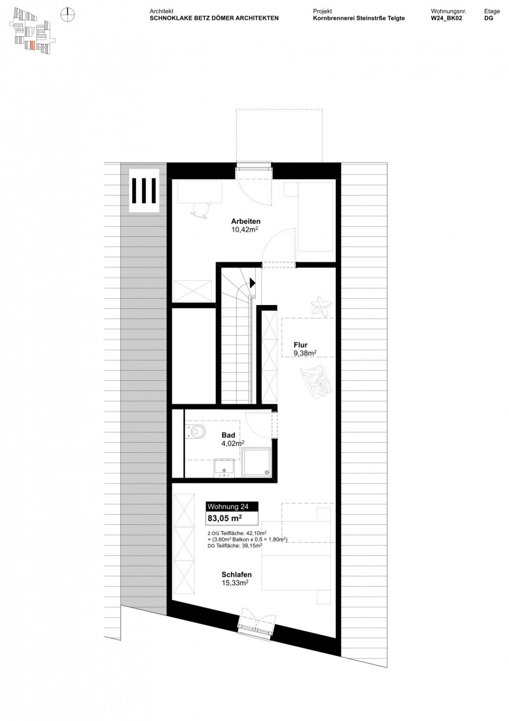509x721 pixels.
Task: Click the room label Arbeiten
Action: (x=245, y=221)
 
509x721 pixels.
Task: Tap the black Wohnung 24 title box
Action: (x=232, y=507)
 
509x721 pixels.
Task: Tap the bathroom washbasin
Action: (x=224, y=467)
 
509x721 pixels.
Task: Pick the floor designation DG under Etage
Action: (x=489, y=19)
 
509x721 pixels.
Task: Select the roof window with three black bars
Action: (x=144, y=189)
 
